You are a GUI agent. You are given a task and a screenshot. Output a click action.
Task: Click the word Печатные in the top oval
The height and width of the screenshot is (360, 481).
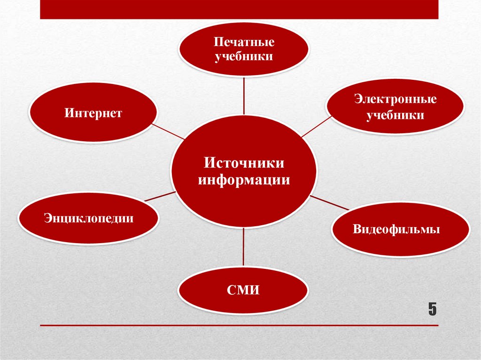[244, 42]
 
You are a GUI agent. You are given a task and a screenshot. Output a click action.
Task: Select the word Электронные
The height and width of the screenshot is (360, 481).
[396, 100]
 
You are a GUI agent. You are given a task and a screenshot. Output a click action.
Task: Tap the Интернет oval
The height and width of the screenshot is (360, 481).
[93, 113]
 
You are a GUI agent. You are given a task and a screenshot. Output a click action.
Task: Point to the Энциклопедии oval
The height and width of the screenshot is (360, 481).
[89, 218]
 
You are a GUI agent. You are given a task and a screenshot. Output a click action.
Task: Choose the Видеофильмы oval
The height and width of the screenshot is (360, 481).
[400, 230]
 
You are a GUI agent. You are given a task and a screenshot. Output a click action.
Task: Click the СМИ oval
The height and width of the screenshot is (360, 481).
[243, 290]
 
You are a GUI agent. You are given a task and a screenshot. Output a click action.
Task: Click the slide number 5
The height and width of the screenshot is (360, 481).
[432, 309]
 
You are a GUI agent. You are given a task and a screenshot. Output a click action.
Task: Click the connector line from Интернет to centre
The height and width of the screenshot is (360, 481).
[169, 131]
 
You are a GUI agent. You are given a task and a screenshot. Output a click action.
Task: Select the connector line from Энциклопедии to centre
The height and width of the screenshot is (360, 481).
[160, 196]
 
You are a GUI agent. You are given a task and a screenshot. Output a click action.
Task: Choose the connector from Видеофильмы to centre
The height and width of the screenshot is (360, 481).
[329, 203]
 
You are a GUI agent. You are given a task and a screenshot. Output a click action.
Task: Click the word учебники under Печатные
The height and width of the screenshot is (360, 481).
[244, 56]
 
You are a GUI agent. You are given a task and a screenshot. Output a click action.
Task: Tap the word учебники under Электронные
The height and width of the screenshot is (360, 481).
[396, 115]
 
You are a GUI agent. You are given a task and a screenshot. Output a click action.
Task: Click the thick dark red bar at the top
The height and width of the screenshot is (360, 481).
[239, 9]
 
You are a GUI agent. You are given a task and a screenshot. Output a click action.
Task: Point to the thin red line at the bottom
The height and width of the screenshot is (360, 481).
[239, 325]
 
